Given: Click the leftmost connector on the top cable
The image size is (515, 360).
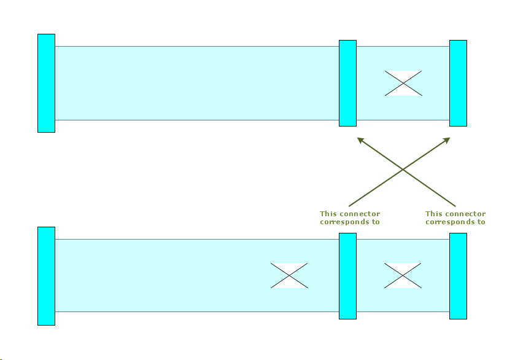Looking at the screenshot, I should pos(46,83).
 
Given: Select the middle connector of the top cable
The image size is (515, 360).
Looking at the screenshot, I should pos(347,83).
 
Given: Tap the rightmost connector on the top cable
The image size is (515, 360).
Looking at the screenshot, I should pos(458,83).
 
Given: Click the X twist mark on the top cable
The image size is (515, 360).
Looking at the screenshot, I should pos(403,83).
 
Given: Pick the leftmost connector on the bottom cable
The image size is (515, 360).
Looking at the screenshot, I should pos(46,276).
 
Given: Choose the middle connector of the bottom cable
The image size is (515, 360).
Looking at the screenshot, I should pos(347,276).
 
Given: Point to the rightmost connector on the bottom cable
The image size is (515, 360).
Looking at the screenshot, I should pos(458,276).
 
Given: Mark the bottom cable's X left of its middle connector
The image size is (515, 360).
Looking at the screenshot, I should pos(289,275).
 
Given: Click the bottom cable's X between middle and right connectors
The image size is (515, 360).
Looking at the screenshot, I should pos(403,275).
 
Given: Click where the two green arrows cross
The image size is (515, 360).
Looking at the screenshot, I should pos(403,169).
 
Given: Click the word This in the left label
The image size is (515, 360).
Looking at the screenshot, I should pos(328,214).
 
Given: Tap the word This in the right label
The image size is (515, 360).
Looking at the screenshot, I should pos(434,214).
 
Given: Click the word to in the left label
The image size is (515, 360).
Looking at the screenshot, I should pos(376,222).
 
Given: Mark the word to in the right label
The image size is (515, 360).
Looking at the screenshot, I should pos(481,222).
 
